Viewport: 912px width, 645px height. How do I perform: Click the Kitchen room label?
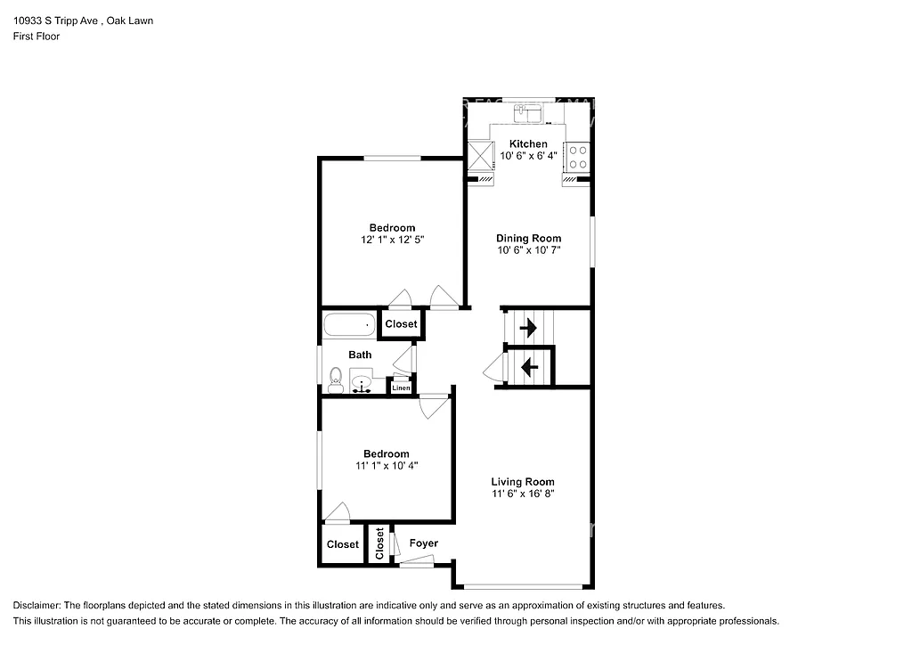point(528,143)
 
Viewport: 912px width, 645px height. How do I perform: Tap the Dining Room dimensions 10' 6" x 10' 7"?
point(528,250)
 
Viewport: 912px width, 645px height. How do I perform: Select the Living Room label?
point(528,481)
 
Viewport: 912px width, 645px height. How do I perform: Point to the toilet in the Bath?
point(336,380)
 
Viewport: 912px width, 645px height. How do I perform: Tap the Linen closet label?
point(401,388)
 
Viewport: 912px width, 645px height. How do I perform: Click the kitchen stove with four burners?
point(577,157)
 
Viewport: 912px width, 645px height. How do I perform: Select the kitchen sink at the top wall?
point(531,112)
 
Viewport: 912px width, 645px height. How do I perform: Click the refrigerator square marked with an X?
point(481,156)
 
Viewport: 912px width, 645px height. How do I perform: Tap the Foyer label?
point(423,543)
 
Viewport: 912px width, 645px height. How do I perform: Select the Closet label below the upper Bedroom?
point(401,324)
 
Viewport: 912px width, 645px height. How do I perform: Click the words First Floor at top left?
point(37,37)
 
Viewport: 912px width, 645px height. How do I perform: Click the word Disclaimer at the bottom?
point(37,605)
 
